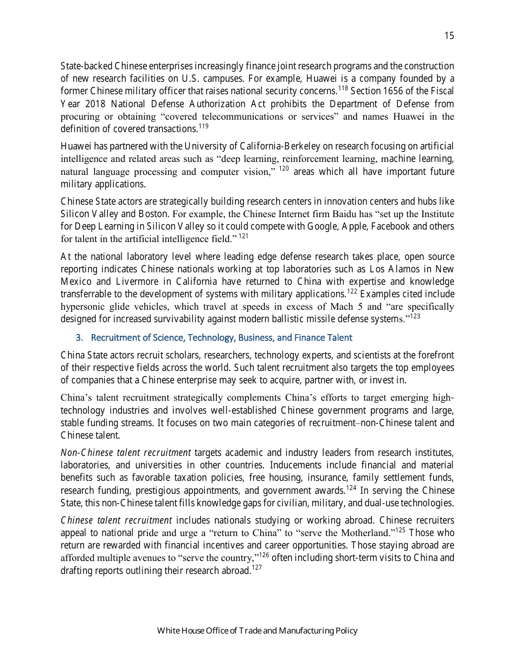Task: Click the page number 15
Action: pos(449,36)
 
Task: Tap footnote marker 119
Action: pos(203,126)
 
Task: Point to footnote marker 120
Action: pos(284,169)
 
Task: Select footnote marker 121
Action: pos(243,236)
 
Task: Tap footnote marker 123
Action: pos(415,316)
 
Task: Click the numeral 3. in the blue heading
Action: pos(79,338)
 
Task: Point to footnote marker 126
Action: pos(263,555)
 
